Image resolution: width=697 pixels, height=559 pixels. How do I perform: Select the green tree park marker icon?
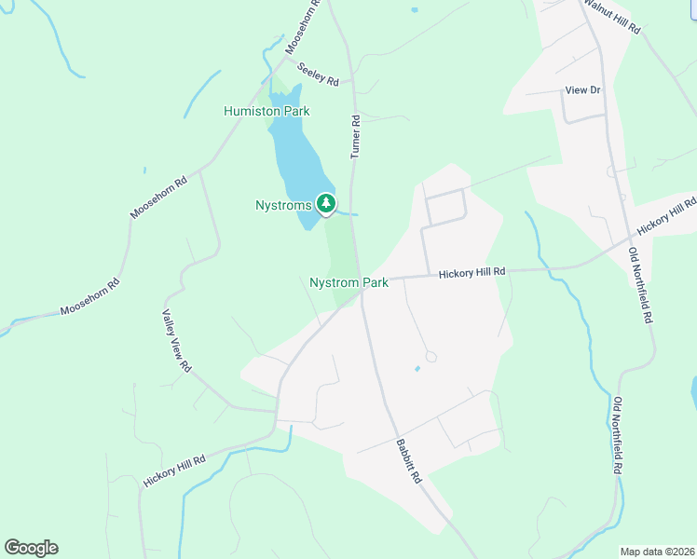point(325,203)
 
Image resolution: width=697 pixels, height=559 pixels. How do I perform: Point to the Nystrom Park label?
point(348,282)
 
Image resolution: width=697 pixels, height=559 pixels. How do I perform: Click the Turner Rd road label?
point(355,136)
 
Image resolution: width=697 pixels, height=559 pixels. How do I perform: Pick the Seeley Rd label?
point(317,74)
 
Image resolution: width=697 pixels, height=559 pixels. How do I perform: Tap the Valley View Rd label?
point(176,341)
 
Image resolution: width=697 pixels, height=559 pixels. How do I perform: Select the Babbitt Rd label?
point(408,460)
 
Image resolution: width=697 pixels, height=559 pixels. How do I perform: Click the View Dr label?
point(584,90)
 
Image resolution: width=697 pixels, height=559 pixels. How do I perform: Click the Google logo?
point(31,548)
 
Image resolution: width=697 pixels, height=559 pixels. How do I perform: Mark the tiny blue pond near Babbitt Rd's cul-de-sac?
point(417,368)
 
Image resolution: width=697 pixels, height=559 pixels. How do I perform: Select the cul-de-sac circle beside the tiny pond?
point(430,357)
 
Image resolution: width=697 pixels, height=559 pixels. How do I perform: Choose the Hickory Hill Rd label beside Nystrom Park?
point(471,272)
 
